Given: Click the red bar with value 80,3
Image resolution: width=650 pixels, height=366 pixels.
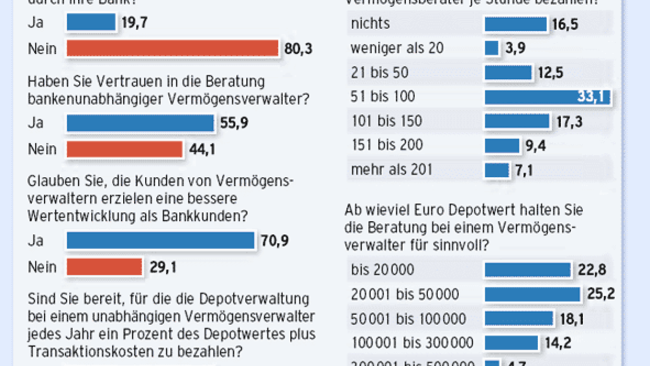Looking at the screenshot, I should pyautogui.click(x=172, y=49).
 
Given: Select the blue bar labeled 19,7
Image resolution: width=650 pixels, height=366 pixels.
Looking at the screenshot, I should pyautogui.click(x=91, y=23).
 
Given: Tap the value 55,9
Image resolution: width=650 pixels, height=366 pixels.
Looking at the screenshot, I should pyautogui.click(x=234, y=123).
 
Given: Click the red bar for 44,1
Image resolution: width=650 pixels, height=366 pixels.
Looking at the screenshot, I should pyautogui.click(x=124, y=149).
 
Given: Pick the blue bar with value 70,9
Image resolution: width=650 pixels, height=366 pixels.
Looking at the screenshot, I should pyautogui.click(x=160, y=241).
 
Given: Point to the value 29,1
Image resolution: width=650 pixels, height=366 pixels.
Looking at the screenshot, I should pyautogui.click(x=162, y=267).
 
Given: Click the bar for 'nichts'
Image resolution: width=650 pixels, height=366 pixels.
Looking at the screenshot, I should pyautogui.click(x=516, y=24).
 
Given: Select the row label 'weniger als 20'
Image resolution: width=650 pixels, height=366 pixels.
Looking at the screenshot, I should pyautogui.click(x=397, y=48).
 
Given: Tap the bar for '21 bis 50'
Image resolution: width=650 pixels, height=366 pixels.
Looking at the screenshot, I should pyautogui.click(x=508, y=72).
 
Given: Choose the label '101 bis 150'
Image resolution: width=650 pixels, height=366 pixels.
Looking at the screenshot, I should pyautogui.click(x=386, y=121).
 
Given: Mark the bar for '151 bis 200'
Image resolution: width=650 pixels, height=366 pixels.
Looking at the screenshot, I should pyautogui.click(x=502, y=146).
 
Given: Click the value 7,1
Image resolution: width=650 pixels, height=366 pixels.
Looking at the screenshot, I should pyautogui.click(x=523, y=170).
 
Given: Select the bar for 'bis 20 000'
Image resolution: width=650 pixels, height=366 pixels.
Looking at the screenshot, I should pyautogui.click(x=527, y=270).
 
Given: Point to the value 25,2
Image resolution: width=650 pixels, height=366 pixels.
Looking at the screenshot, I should pyautogui.click(x=600, y=294).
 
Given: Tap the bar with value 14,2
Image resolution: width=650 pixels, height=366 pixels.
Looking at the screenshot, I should pyautogui.click(x=511, y=343).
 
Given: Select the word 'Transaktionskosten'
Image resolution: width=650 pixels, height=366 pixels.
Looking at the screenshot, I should pyautogui.click(x=86, y=351).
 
